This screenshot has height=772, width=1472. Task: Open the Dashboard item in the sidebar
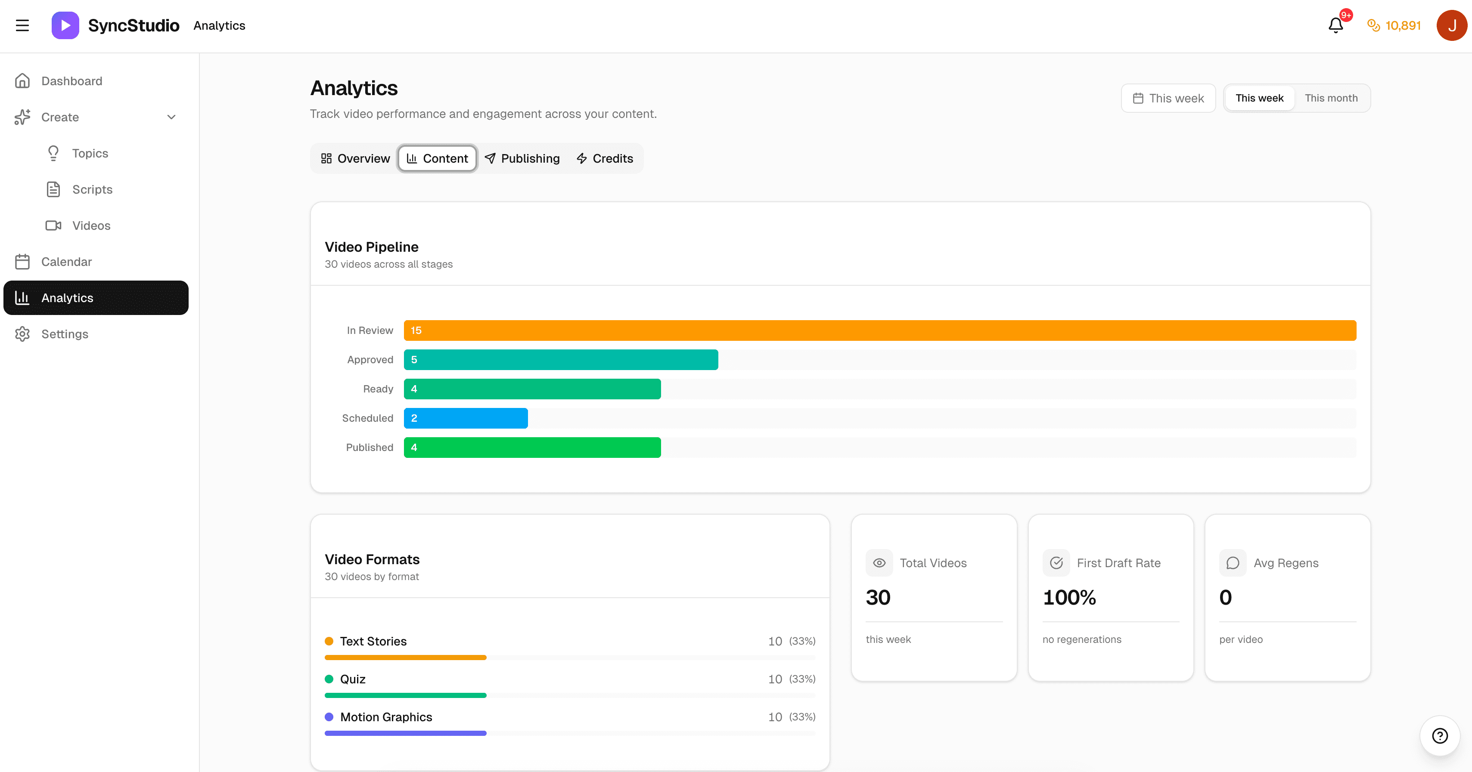coord(71,81)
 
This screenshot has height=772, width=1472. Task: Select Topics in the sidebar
coord(90,153)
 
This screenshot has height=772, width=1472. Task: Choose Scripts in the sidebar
coord(92,190)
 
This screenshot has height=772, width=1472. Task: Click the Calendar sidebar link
coord(66,262)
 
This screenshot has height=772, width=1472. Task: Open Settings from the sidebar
coord(65,334)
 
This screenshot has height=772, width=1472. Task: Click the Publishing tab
coord(522,159)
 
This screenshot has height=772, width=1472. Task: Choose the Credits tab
coord(605,159)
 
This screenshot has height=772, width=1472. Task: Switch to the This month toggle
coord(1331,98)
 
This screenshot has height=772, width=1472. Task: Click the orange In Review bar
coord(880,330)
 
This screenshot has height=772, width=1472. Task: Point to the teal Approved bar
coord(561,360)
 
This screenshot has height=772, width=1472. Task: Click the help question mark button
coord(1439,736)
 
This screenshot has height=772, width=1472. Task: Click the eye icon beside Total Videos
coord(879,563)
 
